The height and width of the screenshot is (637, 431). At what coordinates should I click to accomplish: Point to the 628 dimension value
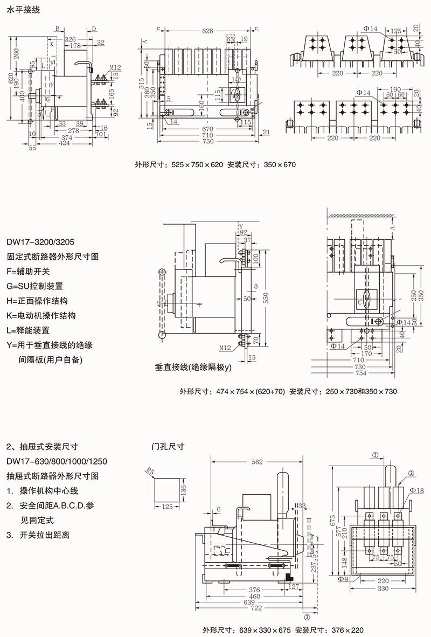[207, 31]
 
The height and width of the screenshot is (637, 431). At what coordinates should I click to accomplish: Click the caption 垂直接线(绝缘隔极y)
[192, 367]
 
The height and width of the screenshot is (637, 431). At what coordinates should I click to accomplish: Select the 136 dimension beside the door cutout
[183, 489]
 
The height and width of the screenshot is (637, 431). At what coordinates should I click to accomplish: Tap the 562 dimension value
[257, 462]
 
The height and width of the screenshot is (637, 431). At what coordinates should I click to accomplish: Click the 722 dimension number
[256, 608]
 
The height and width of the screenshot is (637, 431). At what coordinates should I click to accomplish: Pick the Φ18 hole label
[416, 490]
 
